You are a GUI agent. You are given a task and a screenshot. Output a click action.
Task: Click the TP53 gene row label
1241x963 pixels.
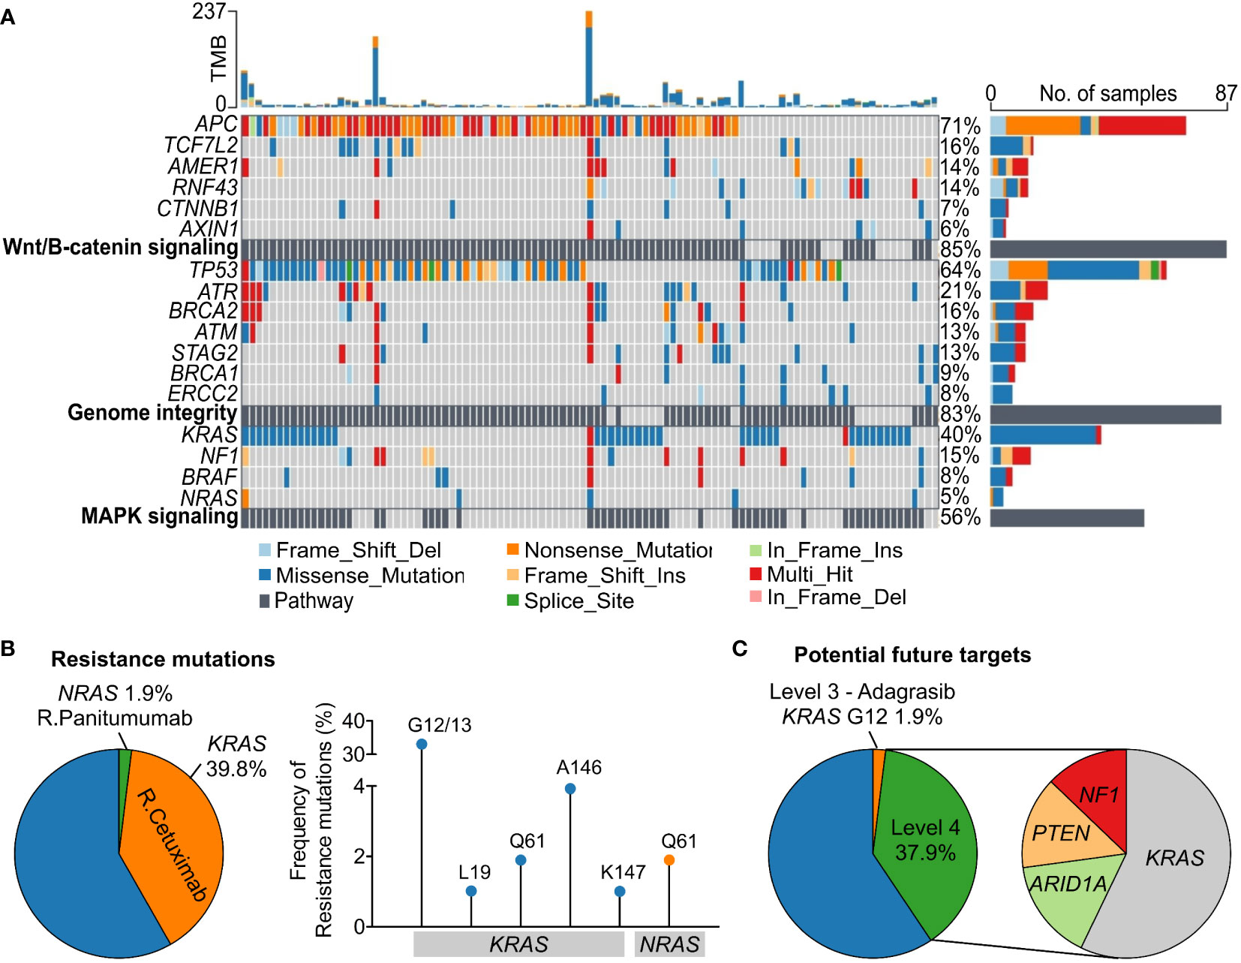click(213, 270)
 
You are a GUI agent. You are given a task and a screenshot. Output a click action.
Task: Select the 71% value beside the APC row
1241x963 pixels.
click(960, 126)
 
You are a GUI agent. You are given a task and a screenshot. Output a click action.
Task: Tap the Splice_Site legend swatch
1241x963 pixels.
click(513, 600)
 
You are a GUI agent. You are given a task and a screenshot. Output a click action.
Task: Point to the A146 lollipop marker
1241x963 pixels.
click(570, 789)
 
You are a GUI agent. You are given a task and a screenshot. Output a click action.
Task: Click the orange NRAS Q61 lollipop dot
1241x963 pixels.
click(669, 860)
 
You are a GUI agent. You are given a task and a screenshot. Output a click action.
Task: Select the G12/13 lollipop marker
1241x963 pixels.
click(422, 745)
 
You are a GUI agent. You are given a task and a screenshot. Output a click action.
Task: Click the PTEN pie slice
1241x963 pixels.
click(1061, 833)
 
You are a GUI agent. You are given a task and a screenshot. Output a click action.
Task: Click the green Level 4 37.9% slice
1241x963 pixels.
click(925, 841)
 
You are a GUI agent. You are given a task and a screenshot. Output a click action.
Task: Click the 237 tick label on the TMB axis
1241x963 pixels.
click(209, 11)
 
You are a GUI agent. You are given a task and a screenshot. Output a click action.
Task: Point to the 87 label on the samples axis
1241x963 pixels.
click(1226, 93)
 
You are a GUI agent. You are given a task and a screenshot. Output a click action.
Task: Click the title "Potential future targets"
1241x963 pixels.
click(912, 655)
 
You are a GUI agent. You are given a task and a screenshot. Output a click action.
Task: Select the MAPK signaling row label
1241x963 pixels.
click(159, 516)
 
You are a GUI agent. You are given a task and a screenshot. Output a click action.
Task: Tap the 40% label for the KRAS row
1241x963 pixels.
click(960, 435)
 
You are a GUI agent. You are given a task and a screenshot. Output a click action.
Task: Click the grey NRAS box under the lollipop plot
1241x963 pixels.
click(669, 944)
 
